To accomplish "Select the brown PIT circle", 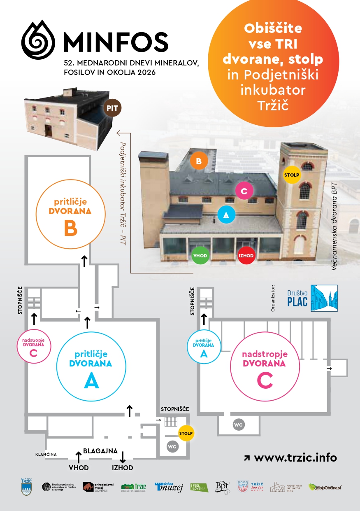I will pyautogui.click(x=113, y=108).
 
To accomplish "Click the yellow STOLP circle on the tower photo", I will pyautogui.click(x=292, y=175).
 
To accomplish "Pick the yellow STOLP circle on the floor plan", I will pyautogui.click(x=186, y=433).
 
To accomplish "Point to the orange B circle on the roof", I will pyautogui.click(x=199, y=161).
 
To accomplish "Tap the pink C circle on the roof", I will pyautogui.click(x=244, y=191).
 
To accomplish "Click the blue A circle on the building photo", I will pyautogui.click(x=225, y=215).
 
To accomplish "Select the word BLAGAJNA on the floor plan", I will pyautogui.click(x=100, y=450).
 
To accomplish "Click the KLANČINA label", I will pyautogui.click(x=46, y=455).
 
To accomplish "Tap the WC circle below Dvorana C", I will pyautogui.click(x=239, y=425).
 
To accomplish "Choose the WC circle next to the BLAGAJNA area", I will pyautogui.click(x=173, y=446).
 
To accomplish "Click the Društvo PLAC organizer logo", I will pyautogui.click(x=312, y=298).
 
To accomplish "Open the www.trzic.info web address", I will pyautogui.click(x=295, y=457).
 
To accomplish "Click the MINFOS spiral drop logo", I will pyautogui.click(x=38, y=40).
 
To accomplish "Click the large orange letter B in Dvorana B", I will pyautogui.click(x=71, y=229).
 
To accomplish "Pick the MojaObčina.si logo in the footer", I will pyautogui.click(x=325, y=487).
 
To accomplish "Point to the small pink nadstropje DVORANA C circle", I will pyautogui.click(x=34, y=345).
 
